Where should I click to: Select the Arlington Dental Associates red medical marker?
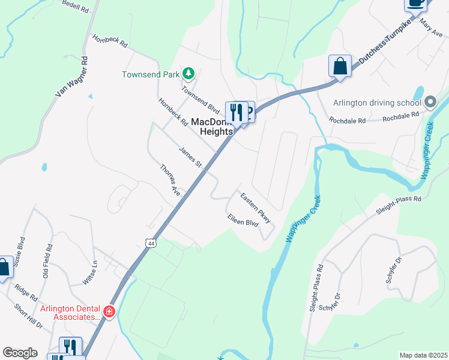pos(109,311)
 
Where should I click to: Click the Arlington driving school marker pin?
pos(430,102)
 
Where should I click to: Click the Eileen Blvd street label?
pos(243,221)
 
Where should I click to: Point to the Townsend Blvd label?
pos(201,100)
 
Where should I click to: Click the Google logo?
pos(20,353)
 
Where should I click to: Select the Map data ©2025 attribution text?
pos(423,355)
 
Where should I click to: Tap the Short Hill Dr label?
pos(29,317)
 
